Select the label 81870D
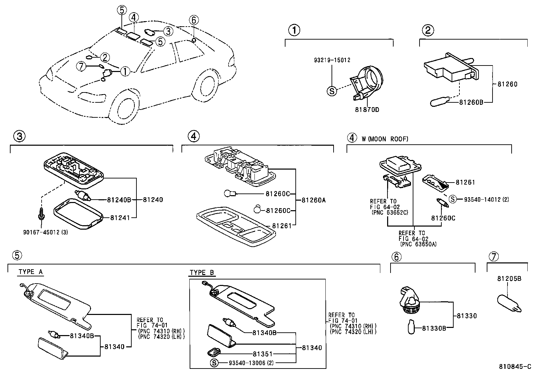367,110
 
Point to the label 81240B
119,200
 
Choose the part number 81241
120,217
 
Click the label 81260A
313,200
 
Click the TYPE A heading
30,272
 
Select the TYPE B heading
202,273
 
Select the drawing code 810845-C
515,367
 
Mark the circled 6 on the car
193,20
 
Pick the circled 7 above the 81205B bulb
494,257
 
